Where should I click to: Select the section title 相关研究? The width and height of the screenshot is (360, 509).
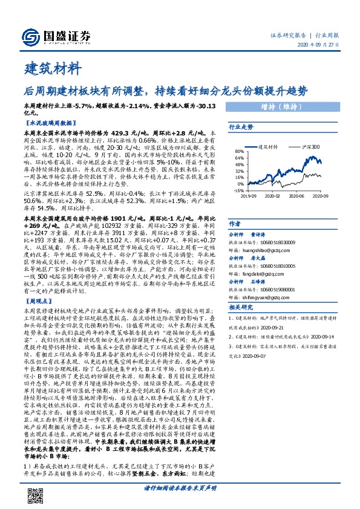240,307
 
